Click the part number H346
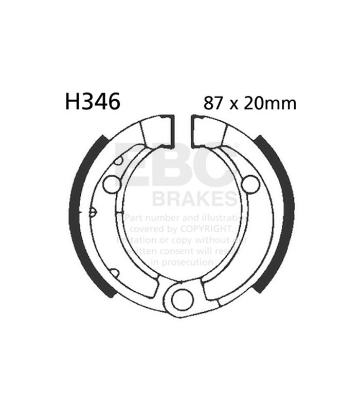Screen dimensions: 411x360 click(92, 101)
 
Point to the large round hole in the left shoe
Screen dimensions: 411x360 click(112, 184)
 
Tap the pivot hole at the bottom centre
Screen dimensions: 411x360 click(182, 300)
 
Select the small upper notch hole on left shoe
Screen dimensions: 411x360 click(119, 160)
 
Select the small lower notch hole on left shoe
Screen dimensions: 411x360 click(116, 273)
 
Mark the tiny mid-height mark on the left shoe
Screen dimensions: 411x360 click(93, 211)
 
